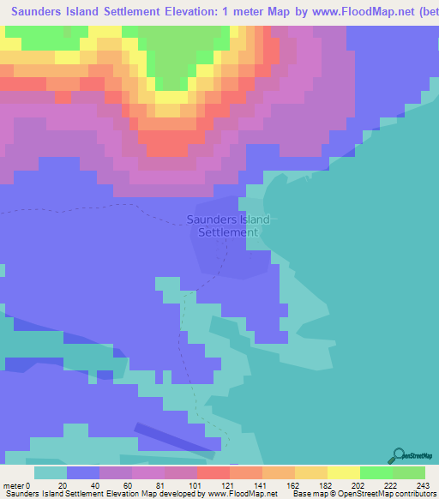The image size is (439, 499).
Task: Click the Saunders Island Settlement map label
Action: [228, 225]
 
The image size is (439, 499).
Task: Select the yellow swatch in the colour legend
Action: [344, 472]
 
